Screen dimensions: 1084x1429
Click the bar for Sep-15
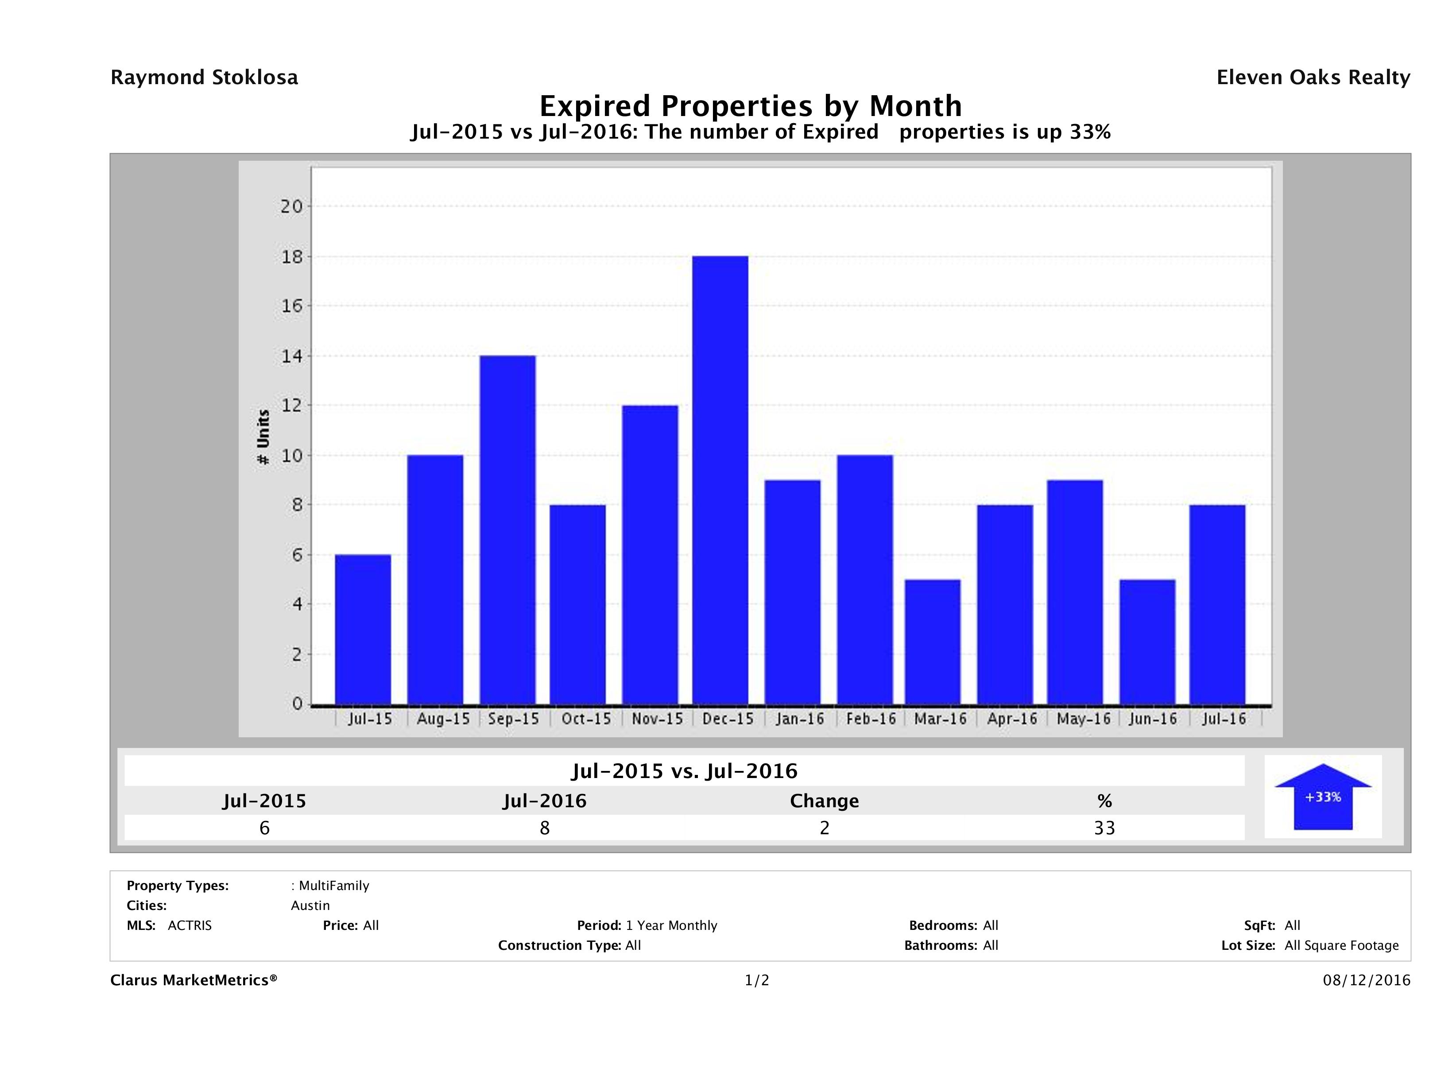[x=508, y=530]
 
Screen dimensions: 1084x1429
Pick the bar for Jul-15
[x=363, y=629]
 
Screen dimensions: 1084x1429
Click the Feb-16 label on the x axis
[x=871, y=719]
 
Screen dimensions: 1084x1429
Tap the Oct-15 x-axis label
[x=586, y=719]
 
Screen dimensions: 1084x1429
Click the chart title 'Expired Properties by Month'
[x=751, y=106]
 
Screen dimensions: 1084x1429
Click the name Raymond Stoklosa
[x=204, y=77]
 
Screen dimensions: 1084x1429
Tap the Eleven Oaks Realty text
[x=1313, y=77]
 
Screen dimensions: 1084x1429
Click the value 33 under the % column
[x=1104, y=828]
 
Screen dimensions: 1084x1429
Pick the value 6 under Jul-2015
[x=264, y=828]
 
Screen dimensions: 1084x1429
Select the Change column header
[x=825, y=801]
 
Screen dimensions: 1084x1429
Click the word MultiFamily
[x=334, y=886]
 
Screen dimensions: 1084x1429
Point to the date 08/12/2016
[x=1366, y=981]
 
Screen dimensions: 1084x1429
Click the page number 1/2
[x=756, y=981]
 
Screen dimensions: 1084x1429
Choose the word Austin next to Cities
[x=310, y=906]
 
